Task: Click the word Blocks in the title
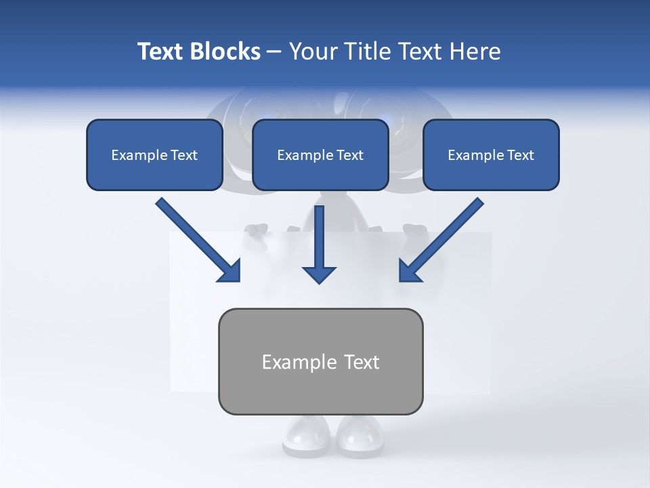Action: pos(225,52)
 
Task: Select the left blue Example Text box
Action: pos(154,155)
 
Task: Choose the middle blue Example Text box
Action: pos(320,155)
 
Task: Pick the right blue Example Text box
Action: pos(491,155)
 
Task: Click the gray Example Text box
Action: pos(320,361)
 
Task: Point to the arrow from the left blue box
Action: pos(196,239)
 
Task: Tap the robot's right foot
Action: pos(359,434)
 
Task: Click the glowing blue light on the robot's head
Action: pos(384,123)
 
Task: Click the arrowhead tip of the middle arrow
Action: pos(319,282)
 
